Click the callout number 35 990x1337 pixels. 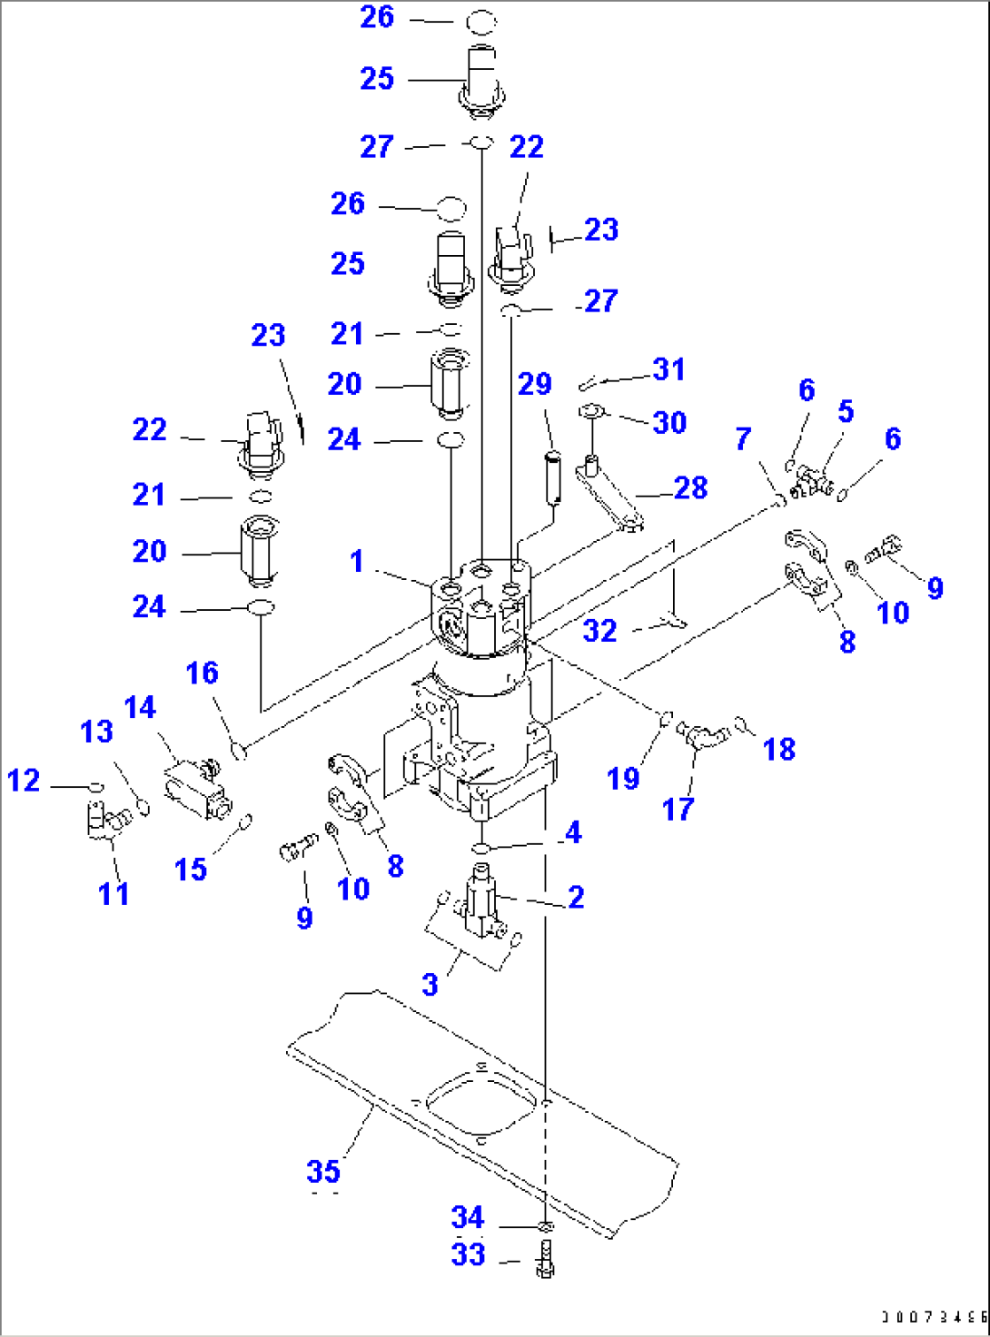[323, 1171]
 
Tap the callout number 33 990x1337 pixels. [468, 1254]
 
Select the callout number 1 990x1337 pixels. [357, 561]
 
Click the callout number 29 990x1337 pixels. [535, 384]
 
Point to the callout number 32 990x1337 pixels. [599, 631]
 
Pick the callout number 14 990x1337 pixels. [140, 707]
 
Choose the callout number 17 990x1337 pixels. [678, 809]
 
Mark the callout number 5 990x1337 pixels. [846, 411]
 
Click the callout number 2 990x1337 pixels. [576, 897]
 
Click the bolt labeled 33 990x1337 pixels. [545, 1261]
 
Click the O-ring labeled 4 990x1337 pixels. [480, 848]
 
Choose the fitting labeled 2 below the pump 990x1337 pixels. [481, 903]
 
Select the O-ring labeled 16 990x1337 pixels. [240, 751]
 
